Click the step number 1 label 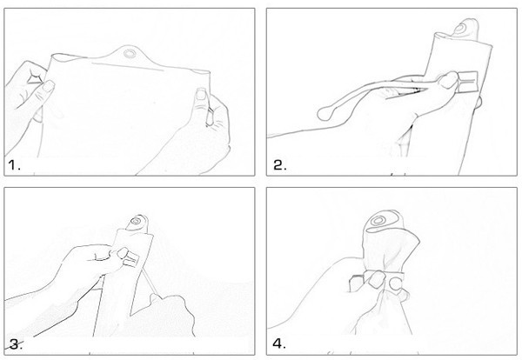(x=14, y=164)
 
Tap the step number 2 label (x=279, y=165)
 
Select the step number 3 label (x=16, y=344)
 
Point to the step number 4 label (x=279, y=344)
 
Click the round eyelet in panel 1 (x=128, y=53)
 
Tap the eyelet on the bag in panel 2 (x=459, y=30)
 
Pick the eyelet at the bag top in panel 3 (x=136, y=221)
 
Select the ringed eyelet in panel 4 (x=378, y=220)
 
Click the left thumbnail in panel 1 (x=48, y=86)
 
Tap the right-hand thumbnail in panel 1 (x=202, y=94)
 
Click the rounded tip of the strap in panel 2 (x=325, y=114)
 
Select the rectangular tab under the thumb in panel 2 (x=468, y=81)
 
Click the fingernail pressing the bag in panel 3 (x=123, y=253)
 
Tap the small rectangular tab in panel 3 (x=132, y=259)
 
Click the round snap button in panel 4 (x=396, y=283)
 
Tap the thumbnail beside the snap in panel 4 (x=377, y=279)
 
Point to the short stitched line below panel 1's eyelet (x=128, y=67)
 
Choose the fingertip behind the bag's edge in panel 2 (x=478, y=103)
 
